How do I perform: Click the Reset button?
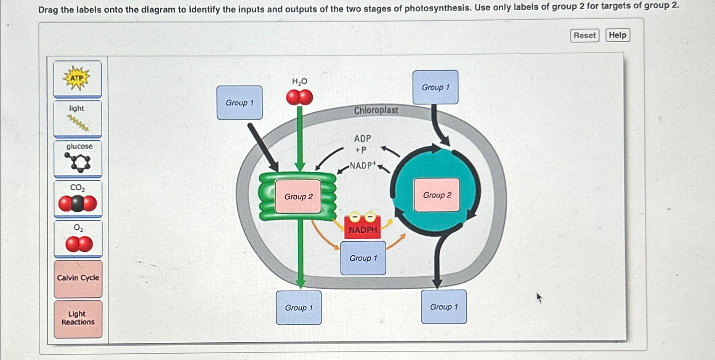(584, 35)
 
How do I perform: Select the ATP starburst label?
(77, 79)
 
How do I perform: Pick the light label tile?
(77, 118)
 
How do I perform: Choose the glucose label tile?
(78, 158)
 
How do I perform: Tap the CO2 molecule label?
(78, 198)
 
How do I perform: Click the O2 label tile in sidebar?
(78, 238)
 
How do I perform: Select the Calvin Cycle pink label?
(78, 278)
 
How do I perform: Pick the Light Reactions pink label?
(78, 318)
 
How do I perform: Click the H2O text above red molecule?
(299, 82)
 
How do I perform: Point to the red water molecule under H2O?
(299, 98)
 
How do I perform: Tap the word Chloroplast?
(376, 110)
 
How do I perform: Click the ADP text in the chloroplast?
(362, 139)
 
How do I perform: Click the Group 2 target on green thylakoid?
(298, 197)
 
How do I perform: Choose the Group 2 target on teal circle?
(437, 195)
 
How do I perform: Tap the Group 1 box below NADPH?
(363, 258)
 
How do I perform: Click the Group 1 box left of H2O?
(239, 103)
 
